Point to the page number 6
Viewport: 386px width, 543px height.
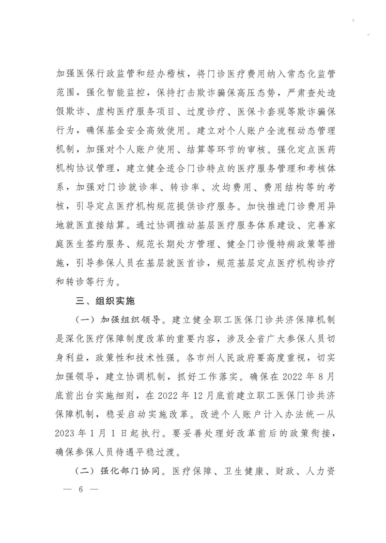81,490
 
